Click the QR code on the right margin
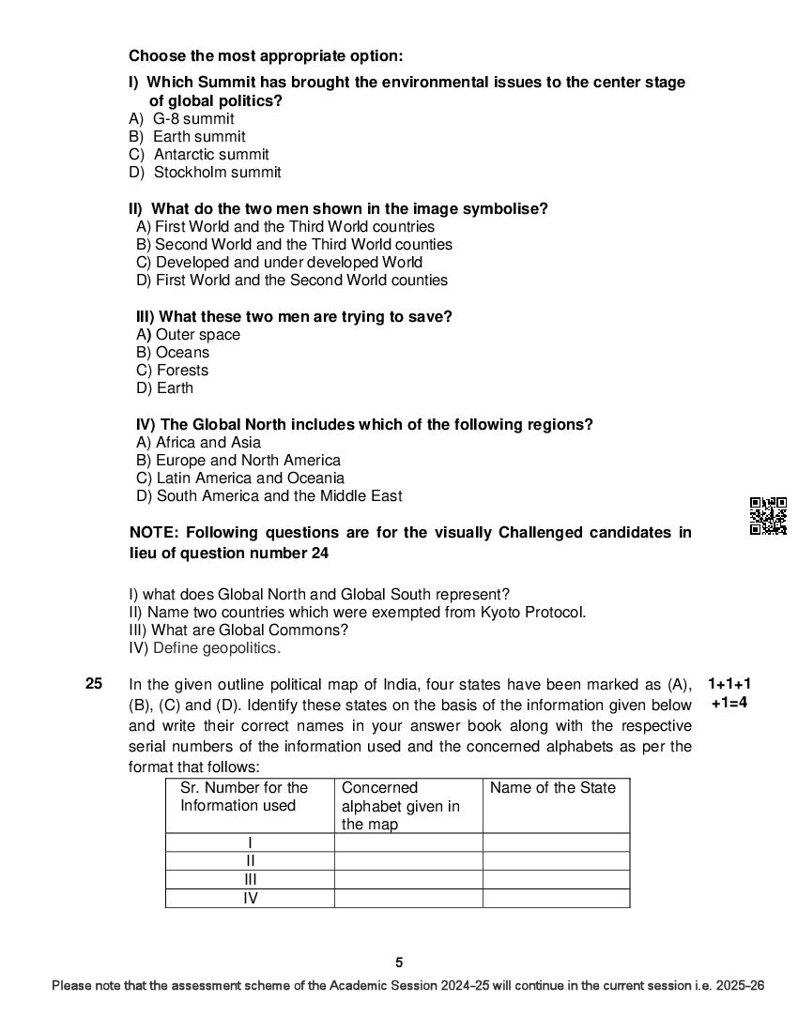[768, 516]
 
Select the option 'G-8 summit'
[192, 119]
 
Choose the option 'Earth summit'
[198, 137]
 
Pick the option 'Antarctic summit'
[210, 155]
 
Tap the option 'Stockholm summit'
[217, 173]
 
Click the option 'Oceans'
[182, 353]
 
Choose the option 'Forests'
[182, 371]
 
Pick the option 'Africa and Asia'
[207, 443]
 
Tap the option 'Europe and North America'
[248, 461]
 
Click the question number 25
[94, 684]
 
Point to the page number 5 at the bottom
[399, 962]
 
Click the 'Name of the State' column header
[553, 788]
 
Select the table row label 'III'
[250, 879]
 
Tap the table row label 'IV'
[250, 898]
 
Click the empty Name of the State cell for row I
[556, 842]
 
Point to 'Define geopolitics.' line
[216, 648]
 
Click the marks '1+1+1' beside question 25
[729, 684]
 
